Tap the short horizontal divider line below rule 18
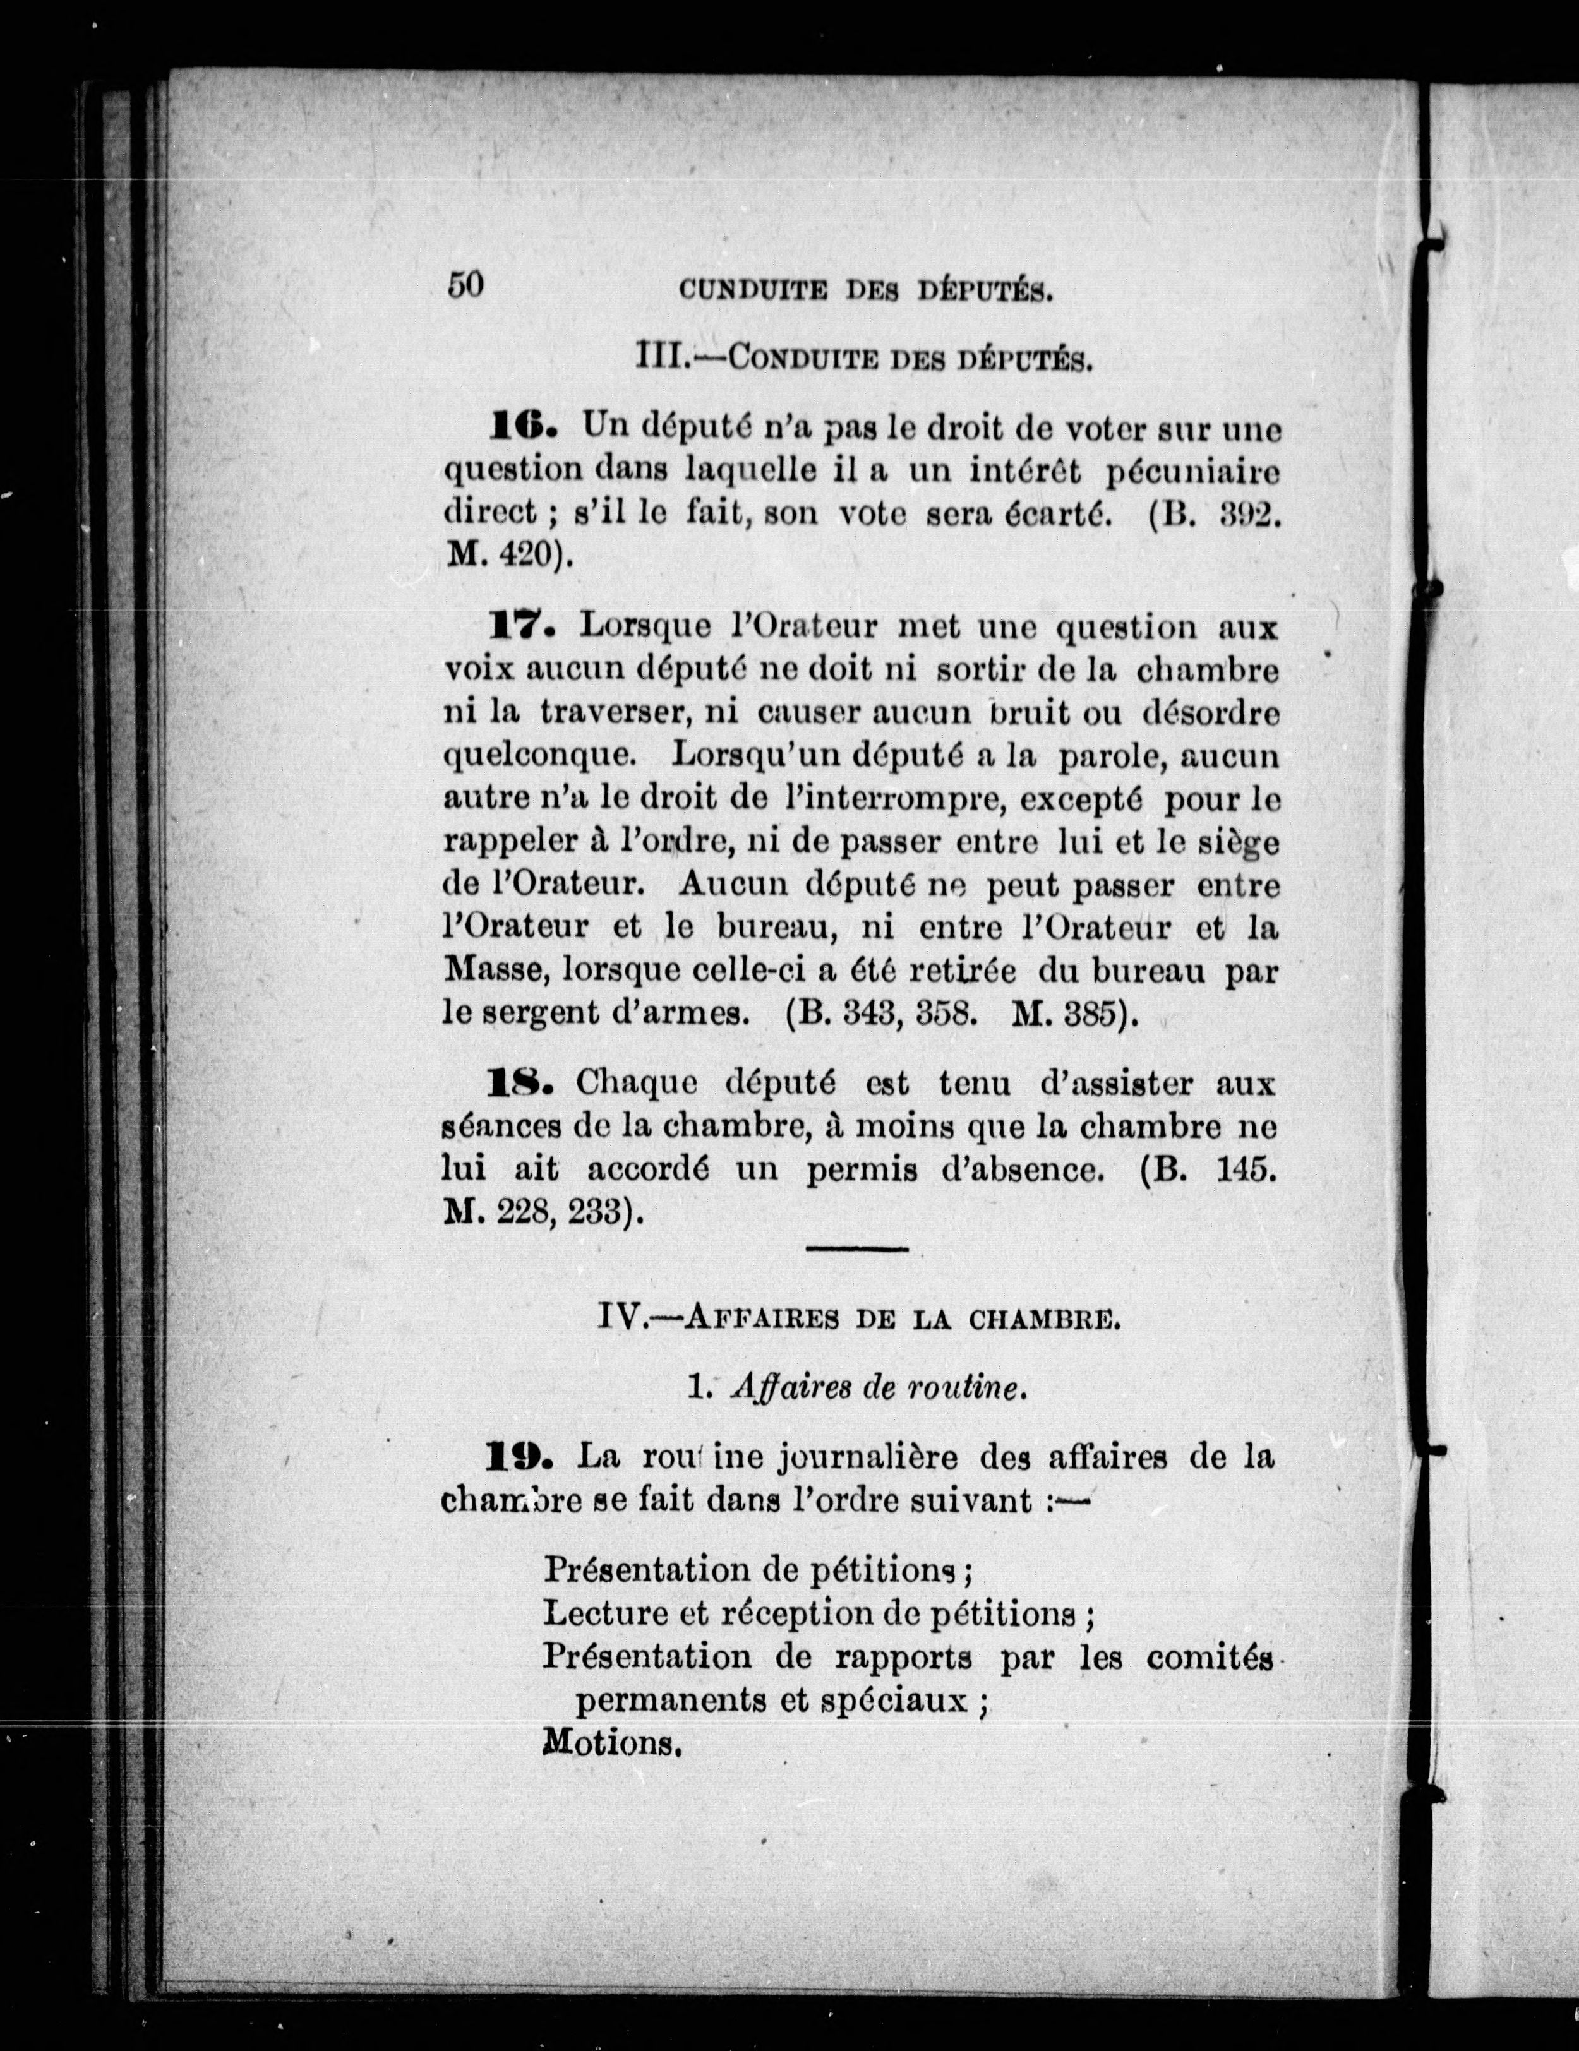coord(856,1249)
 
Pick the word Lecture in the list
coord(602,1614)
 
